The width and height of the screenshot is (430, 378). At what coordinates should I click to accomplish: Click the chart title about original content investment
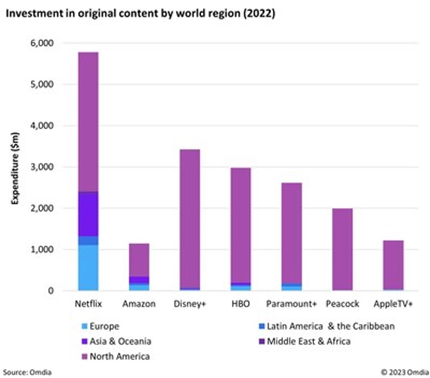click(140, 14)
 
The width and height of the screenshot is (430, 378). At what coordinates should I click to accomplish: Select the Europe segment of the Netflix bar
click(88, 267)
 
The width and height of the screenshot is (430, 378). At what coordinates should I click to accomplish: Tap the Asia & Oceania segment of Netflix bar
click(88, 214)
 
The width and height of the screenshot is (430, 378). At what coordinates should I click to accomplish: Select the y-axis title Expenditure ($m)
click(16, 167)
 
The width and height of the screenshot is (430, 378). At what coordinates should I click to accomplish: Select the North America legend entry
click(120, 356)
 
